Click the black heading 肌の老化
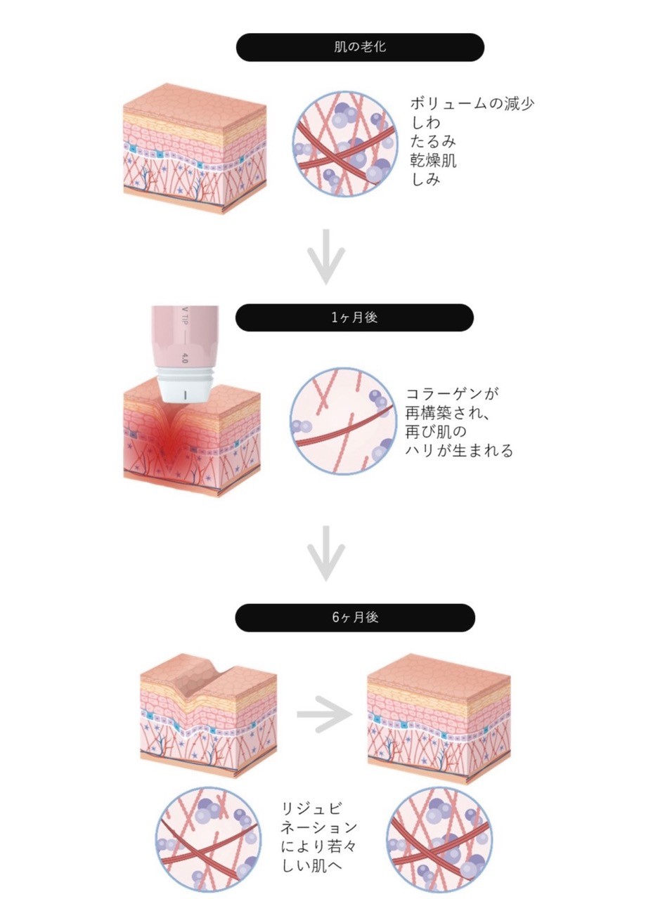[359, 48]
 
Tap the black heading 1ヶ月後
[354, 317]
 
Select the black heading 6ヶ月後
[355, 617]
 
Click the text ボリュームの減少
[472, 104]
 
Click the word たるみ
[434, 142]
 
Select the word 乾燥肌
[434, 161]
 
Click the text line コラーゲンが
[452, 393]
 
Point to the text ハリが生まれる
[460, 450]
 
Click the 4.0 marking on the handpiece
[184, 357]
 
